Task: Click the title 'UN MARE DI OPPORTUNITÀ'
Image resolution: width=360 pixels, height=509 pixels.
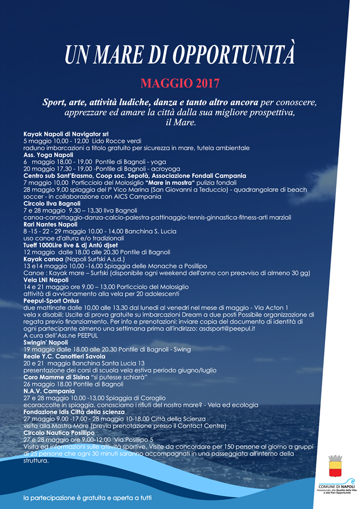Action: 180,55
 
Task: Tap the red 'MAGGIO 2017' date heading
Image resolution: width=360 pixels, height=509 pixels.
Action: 180,84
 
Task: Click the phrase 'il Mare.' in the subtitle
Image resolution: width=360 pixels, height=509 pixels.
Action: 181,122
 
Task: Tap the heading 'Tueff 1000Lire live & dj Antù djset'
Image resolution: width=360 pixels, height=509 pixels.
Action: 70,245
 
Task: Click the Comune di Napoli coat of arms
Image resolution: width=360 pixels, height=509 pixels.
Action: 336,466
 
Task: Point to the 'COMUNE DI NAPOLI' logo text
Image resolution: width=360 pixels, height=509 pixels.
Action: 336,486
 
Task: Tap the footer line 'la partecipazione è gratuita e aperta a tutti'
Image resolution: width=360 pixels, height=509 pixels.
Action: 88,498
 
